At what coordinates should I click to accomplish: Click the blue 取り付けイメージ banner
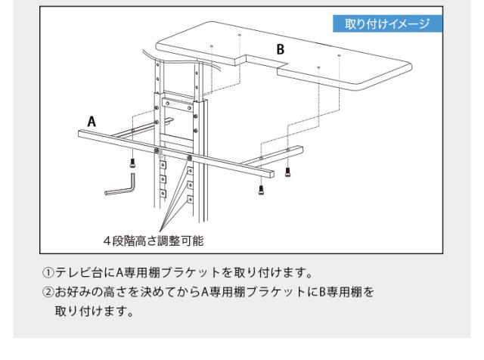(x=387, y=23)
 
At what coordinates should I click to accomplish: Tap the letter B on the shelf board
(x=281, y=49)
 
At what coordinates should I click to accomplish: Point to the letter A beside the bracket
(x=92, y=122)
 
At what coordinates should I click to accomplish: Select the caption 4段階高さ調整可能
(x=154, y=241)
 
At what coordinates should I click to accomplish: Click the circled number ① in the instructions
(x=48, y=272)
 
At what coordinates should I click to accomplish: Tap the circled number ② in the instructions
(x=48, y=292)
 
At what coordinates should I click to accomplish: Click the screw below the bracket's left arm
(x=132, y=163)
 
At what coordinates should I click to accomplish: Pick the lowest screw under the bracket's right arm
(x=261, y=190)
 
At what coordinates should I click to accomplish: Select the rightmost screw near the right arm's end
(x=287, y=172)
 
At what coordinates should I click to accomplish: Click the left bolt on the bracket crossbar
(x=157, y=151)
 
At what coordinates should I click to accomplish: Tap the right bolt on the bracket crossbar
(x=189, y=158)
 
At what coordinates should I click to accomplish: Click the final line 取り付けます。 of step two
(x=95, y=311)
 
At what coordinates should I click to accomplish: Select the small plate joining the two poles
(x=178, y=104)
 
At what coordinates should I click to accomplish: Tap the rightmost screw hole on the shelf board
(x=340, y=55)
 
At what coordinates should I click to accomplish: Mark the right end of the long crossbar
(x=271, y=174)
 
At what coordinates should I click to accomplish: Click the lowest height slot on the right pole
(x=190, y=200)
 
